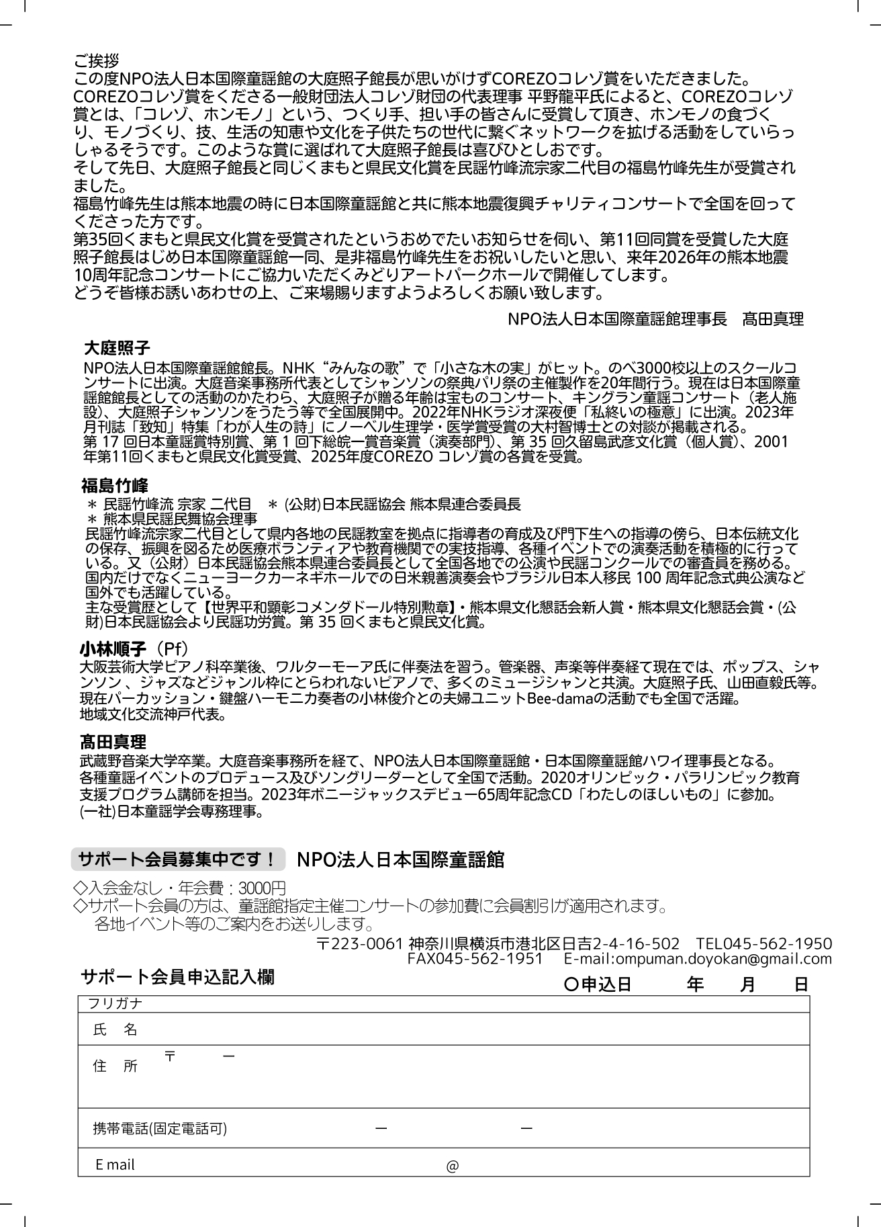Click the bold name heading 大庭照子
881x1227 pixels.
click(x=117, y=348)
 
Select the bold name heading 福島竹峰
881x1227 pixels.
click(x=115, y=485)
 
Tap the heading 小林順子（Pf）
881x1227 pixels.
click(x=134, y=649)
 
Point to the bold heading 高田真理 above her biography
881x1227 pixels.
click(x=113, y=743)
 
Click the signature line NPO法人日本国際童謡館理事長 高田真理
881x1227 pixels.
click(x=655, y=319)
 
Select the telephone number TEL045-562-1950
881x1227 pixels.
click(x=763, y=943)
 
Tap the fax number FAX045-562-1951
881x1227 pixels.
click(x=475, y=959)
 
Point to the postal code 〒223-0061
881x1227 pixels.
click(x=359, y=943)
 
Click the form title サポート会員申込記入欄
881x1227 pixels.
click(x=177, y=977)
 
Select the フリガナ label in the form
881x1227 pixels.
click(x=115, y=1004)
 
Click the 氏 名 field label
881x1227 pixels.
click(x=115, y=1029)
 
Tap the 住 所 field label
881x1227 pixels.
click(x=115, y=1066)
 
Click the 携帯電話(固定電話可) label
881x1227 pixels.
click(x=160, y=1129)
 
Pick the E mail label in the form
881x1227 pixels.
click(x=115, y=1165)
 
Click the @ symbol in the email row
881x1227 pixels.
click(x=452, y=1167)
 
